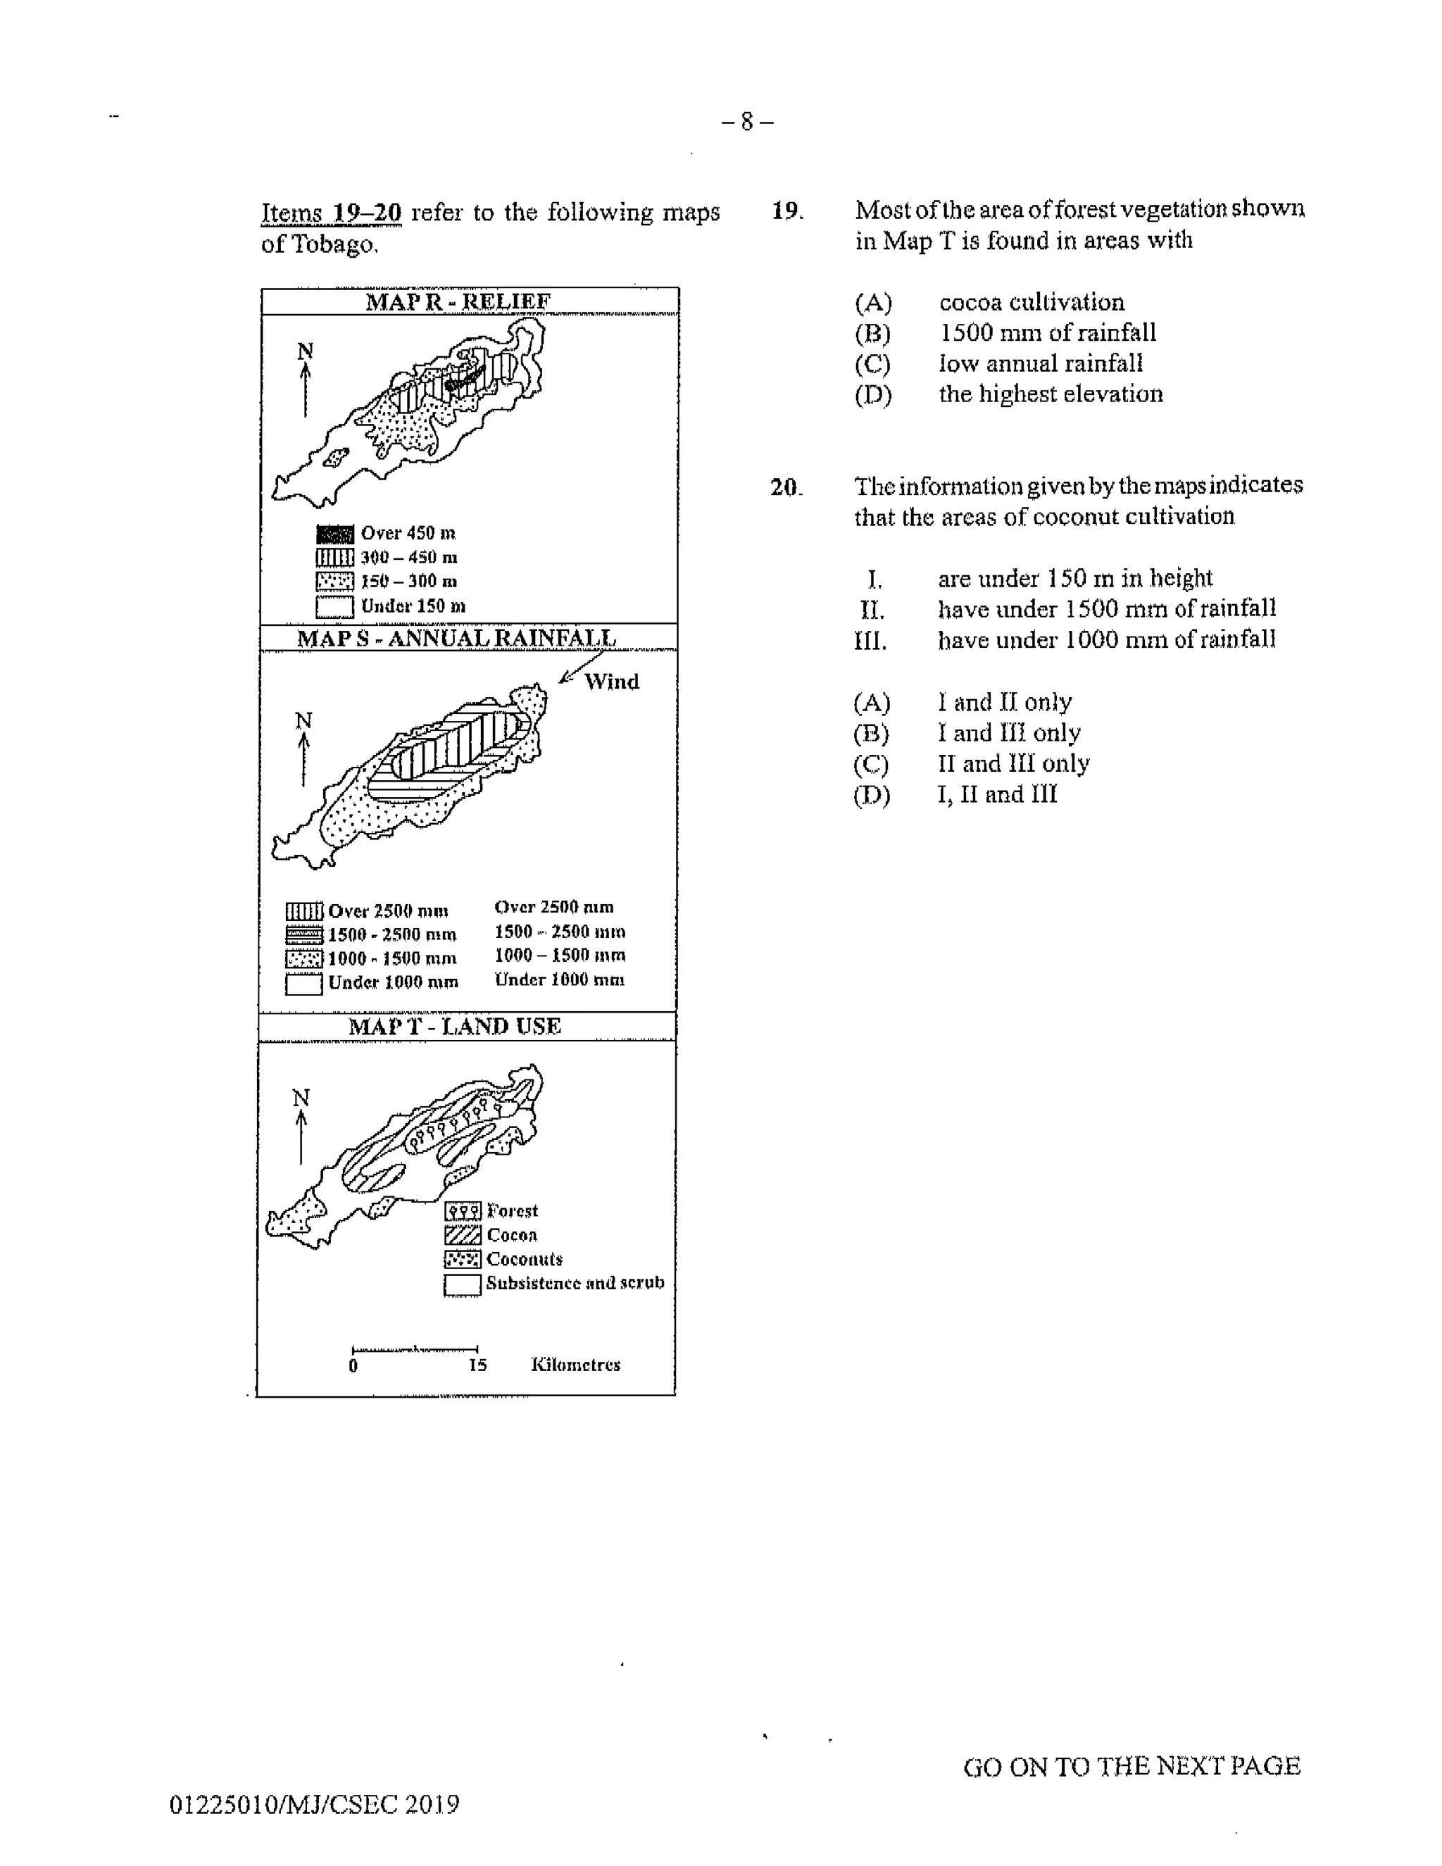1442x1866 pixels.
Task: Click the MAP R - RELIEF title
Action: (458, 301)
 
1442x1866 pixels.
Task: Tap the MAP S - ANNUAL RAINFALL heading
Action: (456, 638)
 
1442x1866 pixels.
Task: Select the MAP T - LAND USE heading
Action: (454, 1026)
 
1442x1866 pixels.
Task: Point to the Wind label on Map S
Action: (612, 682)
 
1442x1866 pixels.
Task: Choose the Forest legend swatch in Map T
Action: (462, 1212)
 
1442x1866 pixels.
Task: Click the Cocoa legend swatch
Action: (462, 1236)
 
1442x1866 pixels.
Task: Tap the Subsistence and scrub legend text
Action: (575, 1282)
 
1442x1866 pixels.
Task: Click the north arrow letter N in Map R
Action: (305, 351)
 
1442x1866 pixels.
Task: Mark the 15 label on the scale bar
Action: (477, 1365)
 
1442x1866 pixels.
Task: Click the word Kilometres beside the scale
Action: (575, 1365)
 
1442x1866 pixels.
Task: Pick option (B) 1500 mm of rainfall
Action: (1046, 332)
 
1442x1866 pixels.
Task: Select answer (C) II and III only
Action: (1012, 763)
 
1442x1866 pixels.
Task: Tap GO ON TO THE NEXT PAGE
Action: (1131, 1766)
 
